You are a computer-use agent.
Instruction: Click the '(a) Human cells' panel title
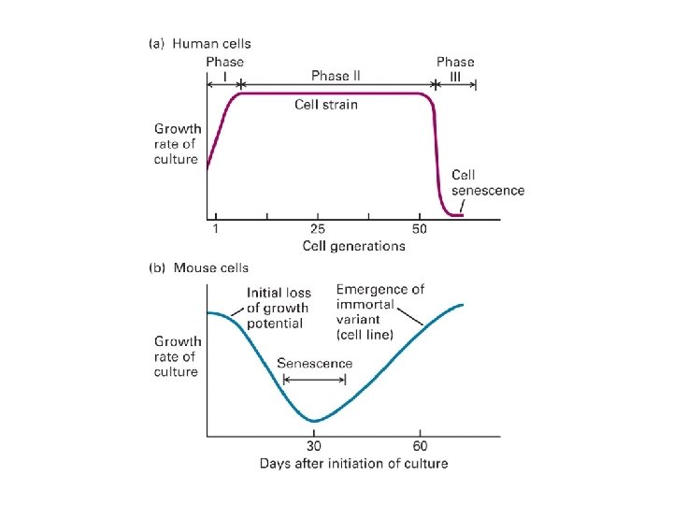200,43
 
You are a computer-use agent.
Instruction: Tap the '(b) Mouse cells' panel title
199,267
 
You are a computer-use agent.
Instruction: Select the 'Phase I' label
224,69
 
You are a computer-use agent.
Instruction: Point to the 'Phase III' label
455,69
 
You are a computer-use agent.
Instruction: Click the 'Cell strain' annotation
326,104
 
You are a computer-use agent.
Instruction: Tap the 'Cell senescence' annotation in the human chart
487,182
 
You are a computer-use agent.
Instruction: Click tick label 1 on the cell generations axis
216,229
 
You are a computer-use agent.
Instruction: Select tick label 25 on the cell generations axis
318,229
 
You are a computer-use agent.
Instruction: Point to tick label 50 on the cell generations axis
419,229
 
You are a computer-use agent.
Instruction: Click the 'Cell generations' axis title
353,246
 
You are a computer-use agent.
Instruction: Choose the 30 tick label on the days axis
314,446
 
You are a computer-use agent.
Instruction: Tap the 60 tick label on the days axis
420,446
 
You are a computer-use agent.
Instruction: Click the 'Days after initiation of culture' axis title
353,463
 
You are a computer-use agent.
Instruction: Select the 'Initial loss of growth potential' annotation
279,308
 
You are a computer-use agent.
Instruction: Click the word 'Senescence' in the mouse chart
315,363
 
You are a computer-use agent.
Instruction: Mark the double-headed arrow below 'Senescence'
314,379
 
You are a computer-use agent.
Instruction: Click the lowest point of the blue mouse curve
315,421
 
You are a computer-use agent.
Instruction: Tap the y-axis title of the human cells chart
176,144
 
